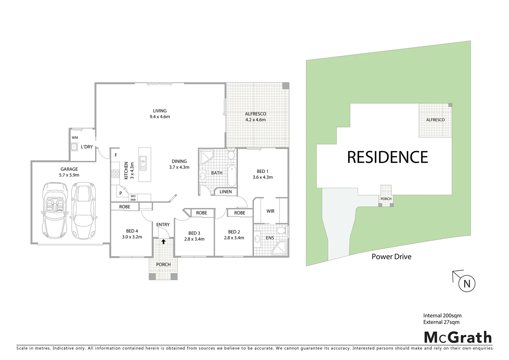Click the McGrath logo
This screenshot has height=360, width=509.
coord(458,337)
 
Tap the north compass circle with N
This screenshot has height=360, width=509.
coord(467,284)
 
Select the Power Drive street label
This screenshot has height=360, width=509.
coord(391,257)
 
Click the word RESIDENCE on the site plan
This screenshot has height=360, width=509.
coord(387,157)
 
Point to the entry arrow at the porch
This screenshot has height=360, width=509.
coord(163,242)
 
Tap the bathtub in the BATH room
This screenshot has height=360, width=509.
coord(232,175)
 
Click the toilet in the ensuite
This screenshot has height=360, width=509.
coord(281,230)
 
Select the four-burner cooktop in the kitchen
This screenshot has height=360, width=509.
coord(116,174)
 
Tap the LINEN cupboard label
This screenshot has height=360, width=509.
coord(226,192)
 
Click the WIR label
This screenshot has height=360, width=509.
coord(270,211)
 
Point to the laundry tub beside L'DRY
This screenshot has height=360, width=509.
coord(74,147)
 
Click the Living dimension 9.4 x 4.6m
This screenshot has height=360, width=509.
coord(160,117)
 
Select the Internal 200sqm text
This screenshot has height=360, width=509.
coord(442,315)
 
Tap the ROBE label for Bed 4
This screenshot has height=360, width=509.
coord(125,207)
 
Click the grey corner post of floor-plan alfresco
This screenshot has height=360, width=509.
coord(285,86)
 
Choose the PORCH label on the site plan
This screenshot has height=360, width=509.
coord(386,199)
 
